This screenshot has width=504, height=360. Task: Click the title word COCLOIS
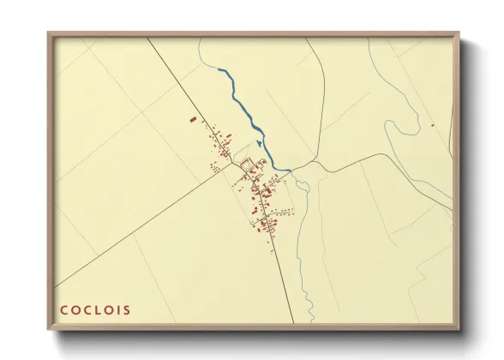(95, 309)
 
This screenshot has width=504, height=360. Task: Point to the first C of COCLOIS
(63, 309)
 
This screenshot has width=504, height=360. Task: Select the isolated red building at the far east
(433, 126)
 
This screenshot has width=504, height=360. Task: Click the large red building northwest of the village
(193, 119)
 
